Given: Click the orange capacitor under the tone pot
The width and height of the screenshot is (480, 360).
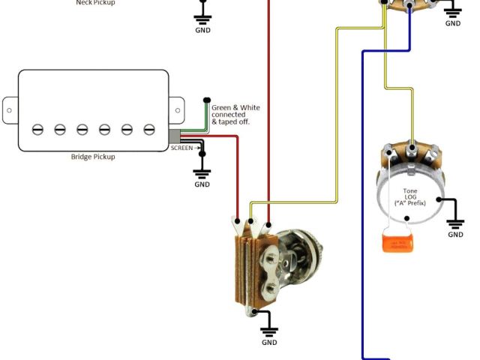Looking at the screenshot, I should coord(397,242).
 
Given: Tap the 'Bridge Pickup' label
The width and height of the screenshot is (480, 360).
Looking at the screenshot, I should coord(94,157).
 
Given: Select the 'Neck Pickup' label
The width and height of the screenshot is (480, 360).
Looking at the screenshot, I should coord(95,2).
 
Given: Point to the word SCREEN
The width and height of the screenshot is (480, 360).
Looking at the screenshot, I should coord(181,148).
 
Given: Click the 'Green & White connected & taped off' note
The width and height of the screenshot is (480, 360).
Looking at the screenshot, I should coord(235,114).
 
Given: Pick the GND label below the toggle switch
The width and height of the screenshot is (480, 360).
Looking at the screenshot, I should coord(269,342).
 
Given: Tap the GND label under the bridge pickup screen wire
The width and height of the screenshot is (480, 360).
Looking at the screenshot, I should coord(202,184).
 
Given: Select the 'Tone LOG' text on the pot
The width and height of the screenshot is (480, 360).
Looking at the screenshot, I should coord(410,194).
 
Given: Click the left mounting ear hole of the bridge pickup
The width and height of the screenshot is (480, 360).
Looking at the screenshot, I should coord(9,110).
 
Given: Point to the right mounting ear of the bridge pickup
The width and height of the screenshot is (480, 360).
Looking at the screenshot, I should coord(177,110).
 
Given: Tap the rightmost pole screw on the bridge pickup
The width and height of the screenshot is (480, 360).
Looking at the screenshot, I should coord(149,129).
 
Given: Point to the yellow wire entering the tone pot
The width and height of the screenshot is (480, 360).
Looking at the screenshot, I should coord(411,120).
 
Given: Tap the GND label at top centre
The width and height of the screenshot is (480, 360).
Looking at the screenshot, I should coord(202,30).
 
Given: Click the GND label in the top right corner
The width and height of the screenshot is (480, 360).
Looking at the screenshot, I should coord(453,23).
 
